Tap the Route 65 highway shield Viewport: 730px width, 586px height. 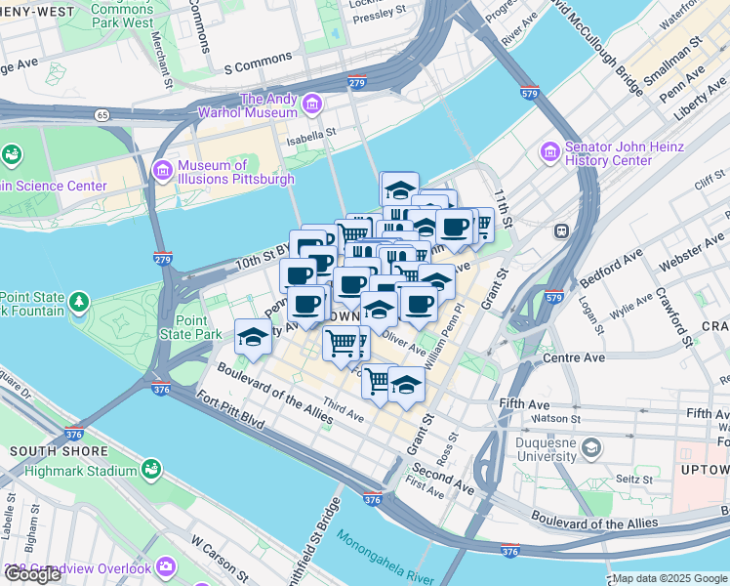pyautogui.click(x=101, y=115)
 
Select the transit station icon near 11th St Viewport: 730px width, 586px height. pyautogui.click(x=561, y=231)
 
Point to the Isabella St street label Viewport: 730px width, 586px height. pyautogui.click(x=310, y=138)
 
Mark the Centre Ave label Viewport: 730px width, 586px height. pyautogui.click(x=575, y=358)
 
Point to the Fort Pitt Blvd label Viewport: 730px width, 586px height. pyautogui.click(x=230, y=413)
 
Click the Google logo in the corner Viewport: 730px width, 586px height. pyautogui.click(x=32, y=574)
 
